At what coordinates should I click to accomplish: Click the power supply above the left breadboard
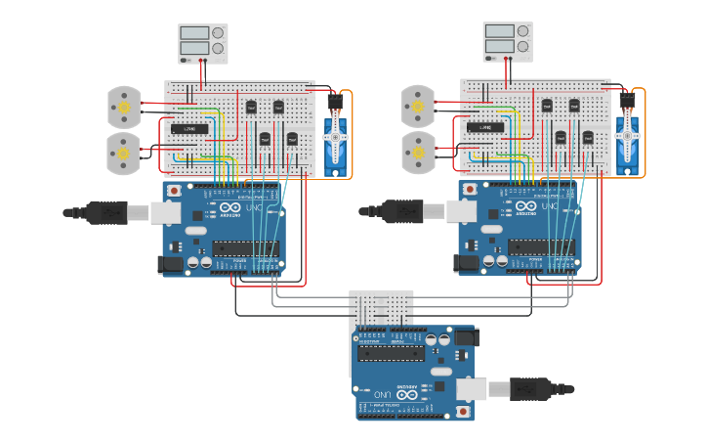click(x=203, y=44)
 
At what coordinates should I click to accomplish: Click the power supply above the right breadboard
click(x=508, y=42)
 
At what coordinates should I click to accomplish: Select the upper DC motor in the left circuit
click(x=124, y=107)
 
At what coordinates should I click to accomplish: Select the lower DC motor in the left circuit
click(x=124, y=152)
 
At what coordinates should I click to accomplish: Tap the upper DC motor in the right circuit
click(x=418, y=106)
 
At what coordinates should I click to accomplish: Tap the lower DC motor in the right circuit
click(x=418, y=152)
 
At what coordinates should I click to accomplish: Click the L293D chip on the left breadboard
click(x=189, y=129)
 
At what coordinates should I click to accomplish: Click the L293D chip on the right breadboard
click(x=484, y=127)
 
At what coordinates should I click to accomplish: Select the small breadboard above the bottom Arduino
click(x=382, y=307)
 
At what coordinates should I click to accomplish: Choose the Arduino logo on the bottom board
click(x=407, y=394)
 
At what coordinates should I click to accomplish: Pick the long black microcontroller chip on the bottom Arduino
click(x=391, y=353)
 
